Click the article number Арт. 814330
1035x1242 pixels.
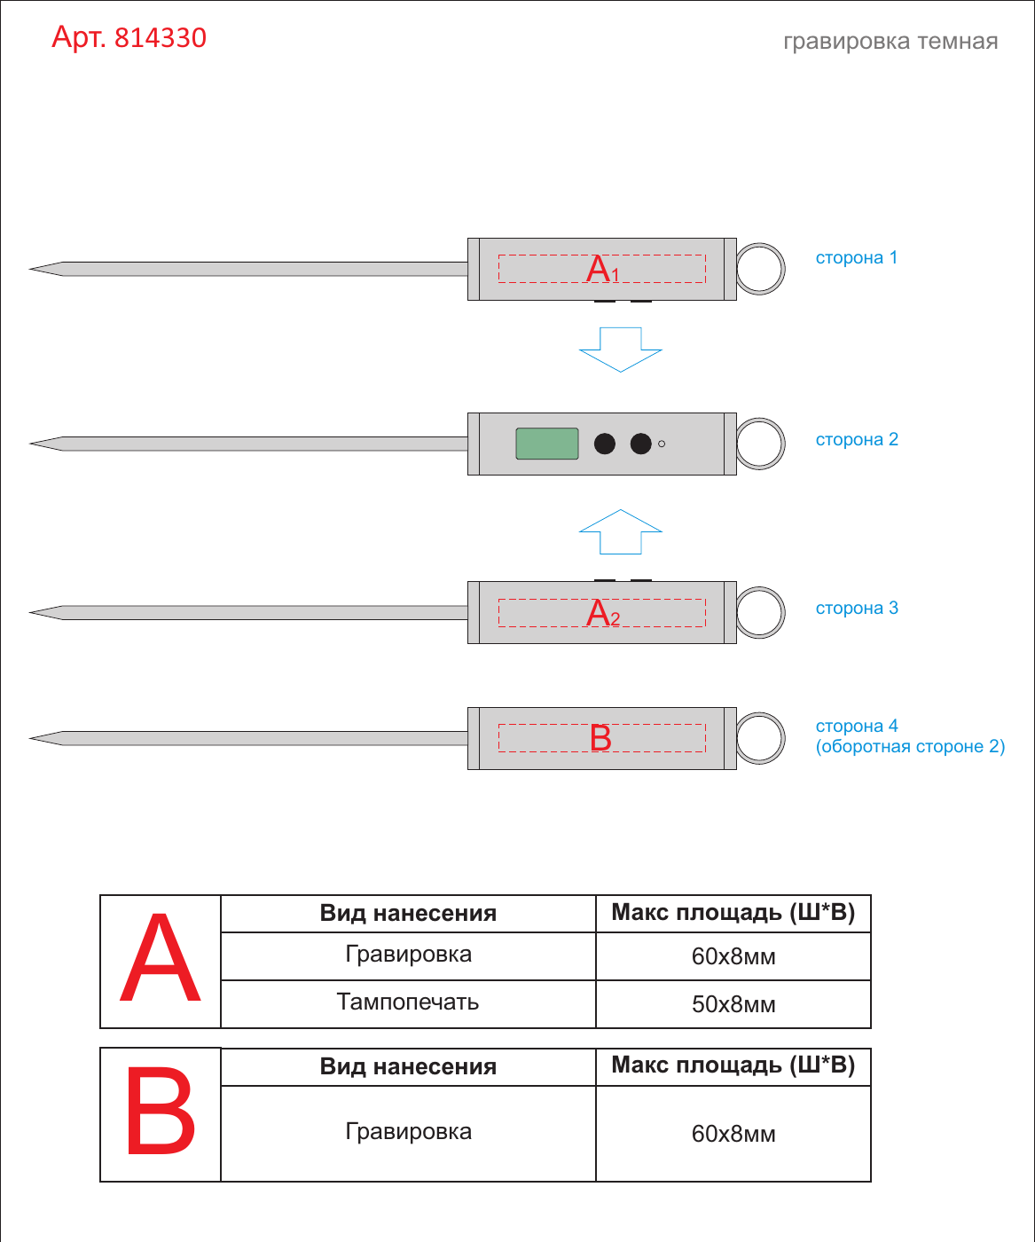coord(129,37)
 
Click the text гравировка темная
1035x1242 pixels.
coord(890,42)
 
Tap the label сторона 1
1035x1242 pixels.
coord(856,257)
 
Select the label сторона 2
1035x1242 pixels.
coord(857,439)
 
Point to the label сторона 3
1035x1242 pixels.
coord(857,608)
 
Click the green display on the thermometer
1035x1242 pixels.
coord(546,444)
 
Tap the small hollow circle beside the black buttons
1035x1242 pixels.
coord(662,444)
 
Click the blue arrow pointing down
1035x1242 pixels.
coord(621,350)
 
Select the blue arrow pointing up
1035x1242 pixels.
coord(621,531)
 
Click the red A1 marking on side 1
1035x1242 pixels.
coord(602,269)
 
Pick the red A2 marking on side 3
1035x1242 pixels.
coord(602,613)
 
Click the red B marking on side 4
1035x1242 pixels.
coord(600,738)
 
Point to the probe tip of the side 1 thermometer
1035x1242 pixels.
coord(30,269)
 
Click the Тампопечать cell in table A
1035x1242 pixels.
coord(408,1002)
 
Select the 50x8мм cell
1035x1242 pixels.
coord(733,1004)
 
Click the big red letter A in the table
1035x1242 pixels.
coord(160,958)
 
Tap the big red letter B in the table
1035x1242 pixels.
coord(161,1110)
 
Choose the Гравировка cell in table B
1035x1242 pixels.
coord(408,1132)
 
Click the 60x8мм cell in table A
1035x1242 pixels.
coord(733,956)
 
